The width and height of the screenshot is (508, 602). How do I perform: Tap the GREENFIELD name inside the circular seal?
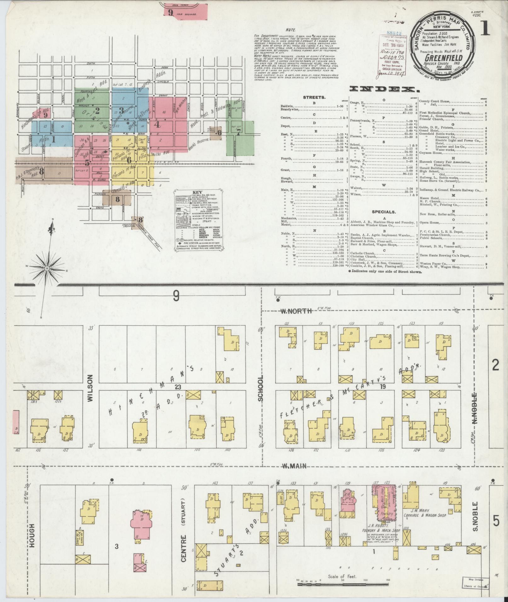[x=443, y=58]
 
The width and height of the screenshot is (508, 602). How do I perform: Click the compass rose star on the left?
[x=47, y=268]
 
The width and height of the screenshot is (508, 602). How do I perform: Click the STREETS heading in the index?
[x=314, y=98]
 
